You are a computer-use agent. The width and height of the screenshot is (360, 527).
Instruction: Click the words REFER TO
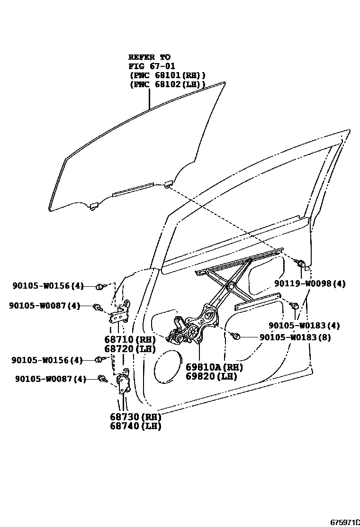(149, 57)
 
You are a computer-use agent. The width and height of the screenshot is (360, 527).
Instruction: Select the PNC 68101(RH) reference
(167, 75)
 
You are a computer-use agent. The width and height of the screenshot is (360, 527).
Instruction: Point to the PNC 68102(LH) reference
(167, 85)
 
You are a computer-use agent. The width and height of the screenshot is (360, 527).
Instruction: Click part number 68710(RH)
(130, 340)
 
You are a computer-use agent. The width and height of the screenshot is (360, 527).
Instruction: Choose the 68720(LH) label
(130, 349)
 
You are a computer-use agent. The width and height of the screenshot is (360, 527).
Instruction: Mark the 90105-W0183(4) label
(304, 326)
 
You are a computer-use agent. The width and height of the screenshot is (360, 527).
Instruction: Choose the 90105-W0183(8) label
(295, 337)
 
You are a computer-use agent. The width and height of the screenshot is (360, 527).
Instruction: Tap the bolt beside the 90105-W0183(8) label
(237, 336)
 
